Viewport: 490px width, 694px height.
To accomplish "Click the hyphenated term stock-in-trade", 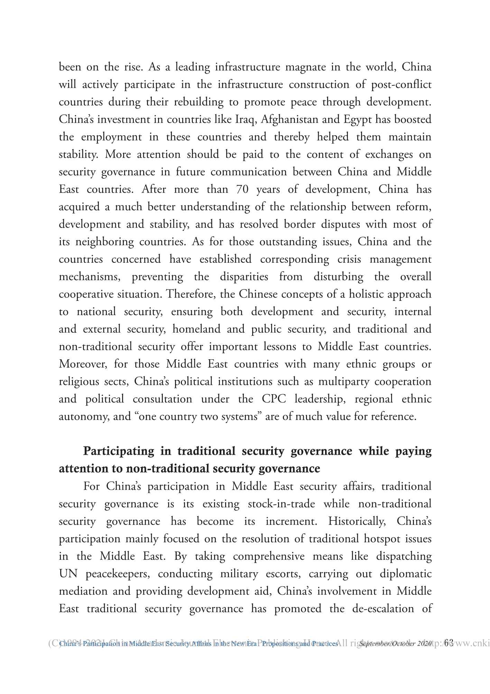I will click(281, 504).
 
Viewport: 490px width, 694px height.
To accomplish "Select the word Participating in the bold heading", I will click(119, 451).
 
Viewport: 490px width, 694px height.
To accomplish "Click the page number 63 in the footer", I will click(449, 643).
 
